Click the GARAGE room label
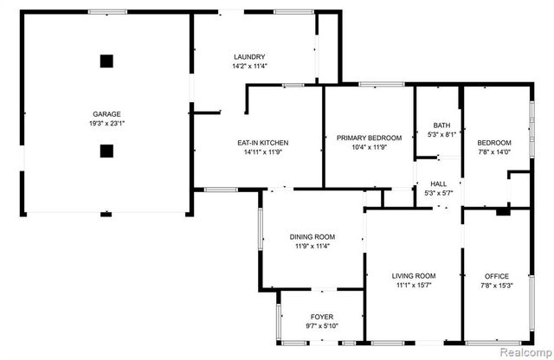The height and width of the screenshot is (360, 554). click(107, 114)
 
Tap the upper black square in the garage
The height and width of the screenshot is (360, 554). click(106, 61)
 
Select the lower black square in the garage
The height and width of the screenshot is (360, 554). click(106, 151)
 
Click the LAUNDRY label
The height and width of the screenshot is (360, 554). click(248, 56)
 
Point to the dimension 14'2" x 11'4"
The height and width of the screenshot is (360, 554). click(248, 66)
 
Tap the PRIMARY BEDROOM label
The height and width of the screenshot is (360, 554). click(370, 138)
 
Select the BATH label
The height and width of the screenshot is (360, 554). click(441, 125)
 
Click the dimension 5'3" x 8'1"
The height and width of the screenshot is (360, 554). click(441, 134)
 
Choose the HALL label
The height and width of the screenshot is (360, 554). click(440, 183)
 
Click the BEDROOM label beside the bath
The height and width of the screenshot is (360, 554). click(494, 143)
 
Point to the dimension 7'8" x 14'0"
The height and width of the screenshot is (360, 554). click(494, 152)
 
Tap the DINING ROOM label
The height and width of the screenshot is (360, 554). click(312, 237)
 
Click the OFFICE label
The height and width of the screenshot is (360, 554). click(496, 276)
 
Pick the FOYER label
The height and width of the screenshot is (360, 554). click(321, 317)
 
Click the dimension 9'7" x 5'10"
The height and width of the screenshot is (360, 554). click(321, 326)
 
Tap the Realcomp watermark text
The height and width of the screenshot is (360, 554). click(525, 352)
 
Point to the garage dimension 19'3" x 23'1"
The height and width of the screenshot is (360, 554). click(107, 124)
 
